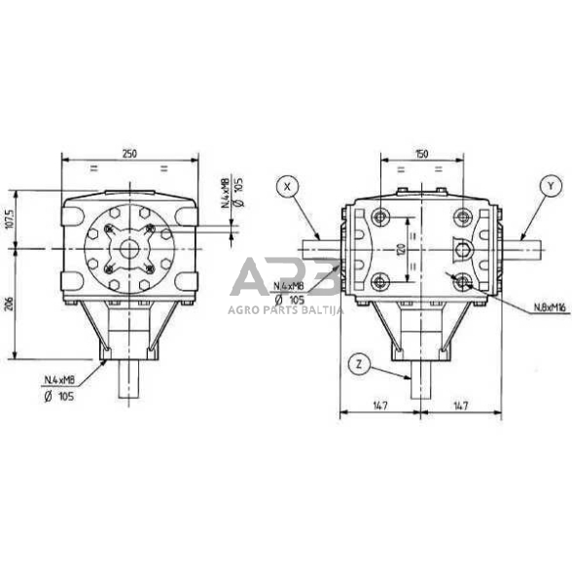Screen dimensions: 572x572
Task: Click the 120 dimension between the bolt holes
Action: pos(399,251)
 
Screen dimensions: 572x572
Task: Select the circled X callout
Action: pos(287,185)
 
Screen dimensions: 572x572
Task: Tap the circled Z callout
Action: pos(360,365)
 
